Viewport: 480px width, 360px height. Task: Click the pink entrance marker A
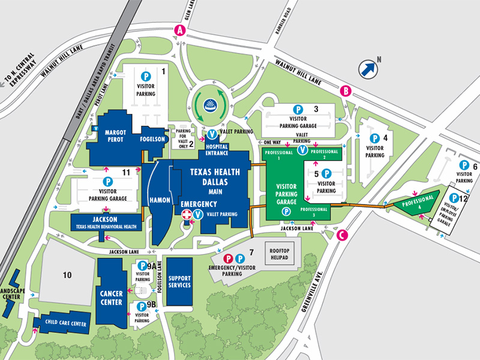point(178,31)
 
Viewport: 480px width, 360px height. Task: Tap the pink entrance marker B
point(346,91)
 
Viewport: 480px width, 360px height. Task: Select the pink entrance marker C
point(342,235)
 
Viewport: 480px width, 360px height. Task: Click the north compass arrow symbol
point(367,69)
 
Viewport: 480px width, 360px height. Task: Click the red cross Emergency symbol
point(187,214)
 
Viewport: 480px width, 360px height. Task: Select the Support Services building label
point(179,281)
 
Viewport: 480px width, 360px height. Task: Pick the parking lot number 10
point(67,275)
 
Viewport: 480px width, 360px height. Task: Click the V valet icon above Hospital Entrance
point(212,134)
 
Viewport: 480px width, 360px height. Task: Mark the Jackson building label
point(106,219)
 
